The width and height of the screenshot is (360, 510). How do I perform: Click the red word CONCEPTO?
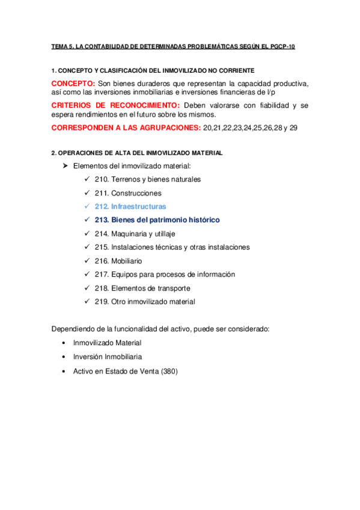tap(73, 82)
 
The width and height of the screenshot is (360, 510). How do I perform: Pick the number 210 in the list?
tap(101, 179)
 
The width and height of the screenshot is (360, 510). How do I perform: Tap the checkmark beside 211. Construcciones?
tap(87, 193)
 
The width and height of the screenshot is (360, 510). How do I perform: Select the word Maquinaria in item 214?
tap(129, 233)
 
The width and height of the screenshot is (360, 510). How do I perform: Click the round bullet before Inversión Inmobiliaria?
tap(64, 357)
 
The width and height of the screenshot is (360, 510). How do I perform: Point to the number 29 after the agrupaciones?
tap(293, 128)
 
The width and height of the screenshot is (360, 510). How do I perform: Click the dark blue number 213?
tap(101, 220)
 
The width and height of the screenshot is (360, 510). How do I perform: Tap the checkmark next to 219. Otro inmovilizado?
tap(87, 302)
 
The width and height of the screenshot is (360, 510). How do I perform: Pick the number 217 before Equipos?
tap(101, 274)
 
